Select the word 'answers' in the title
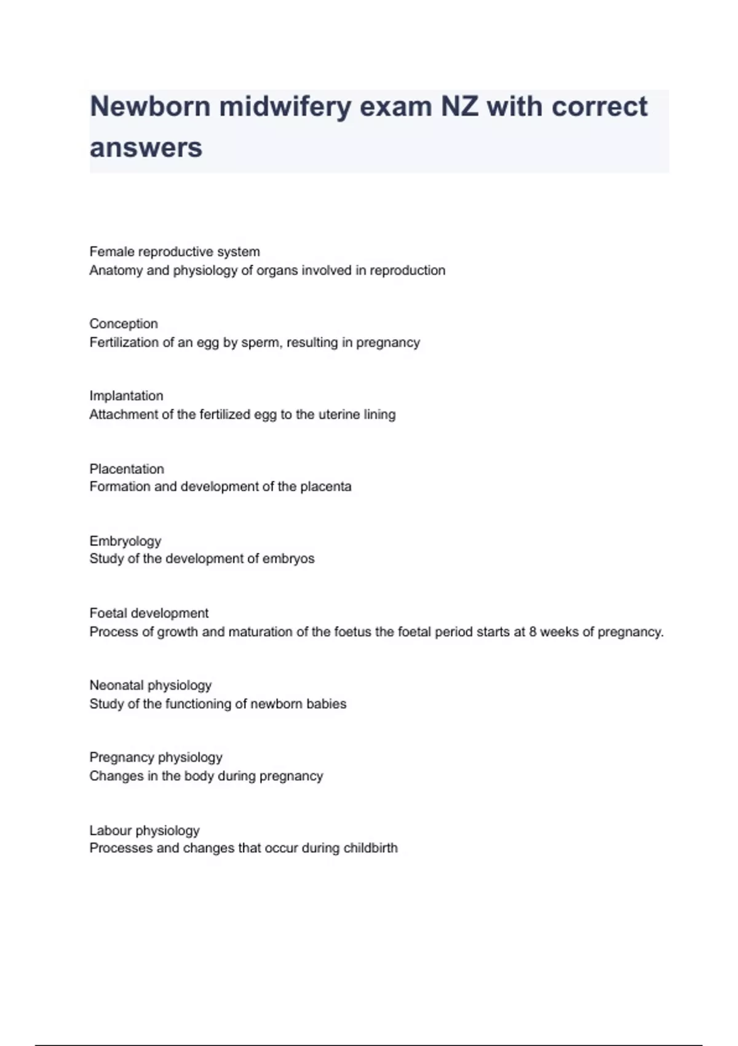tap(146, 148)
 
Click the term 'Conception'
tap(124, 324)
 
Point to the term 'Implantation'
tap(126, 396)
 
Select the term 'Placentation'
tap(127, 469)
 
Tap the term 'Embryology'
tap(125, 541)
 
